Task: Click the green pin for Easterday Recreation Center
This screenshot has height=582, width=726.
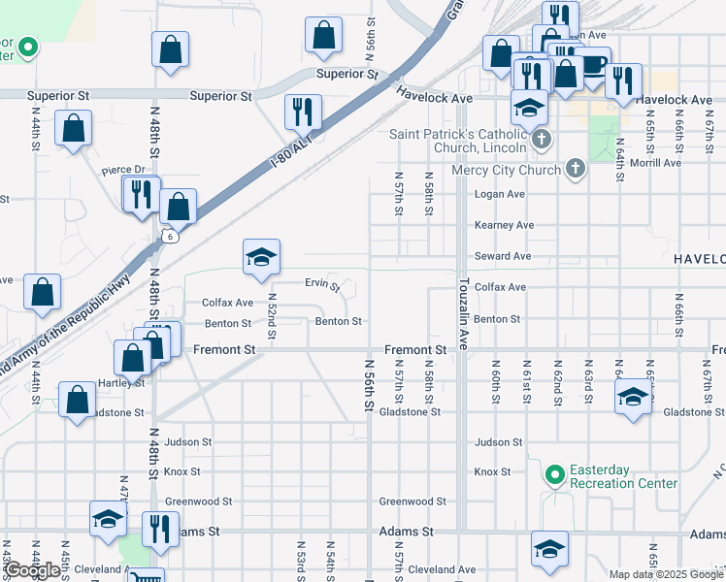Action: [554, 474]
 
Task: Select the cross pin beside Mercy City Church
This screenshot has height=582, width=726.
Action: [575, 170]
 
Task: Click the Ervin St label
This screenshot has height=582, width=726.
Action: [321, 285]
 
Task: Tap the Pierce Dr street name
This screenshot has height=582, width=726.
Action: [123, 171]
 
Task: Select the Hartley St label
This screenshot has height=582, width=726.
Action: [125, 382]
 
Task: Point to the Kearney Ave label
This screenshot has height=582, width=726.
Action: [504, 225]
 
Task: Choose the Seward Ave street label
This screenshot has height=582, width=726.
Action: [502, 256]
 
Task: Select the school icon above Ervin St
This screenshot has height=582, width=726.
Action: [261, 257]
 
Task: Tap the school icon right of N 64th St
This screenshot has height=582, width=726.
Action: [633, 397]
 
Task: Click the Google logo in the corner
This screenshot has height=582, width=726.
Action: [32, 570]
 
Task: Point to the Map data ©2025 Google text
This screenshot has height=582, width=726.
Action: [666, 574]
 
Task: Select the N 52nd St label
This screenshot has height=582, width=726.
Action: [272, 317]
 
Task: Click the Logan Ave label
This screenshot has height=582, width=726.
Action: [499, 194]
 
